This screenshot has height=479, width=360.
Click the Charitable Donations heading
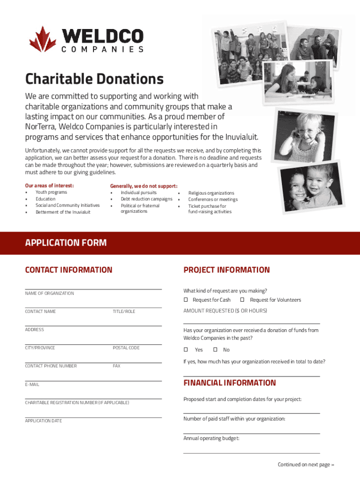94,79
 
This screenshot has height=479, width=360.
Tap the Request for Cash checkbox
186,299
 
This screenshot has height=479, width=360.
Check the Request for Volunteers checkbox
243,299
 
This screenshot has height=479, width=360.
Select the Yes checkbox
186,349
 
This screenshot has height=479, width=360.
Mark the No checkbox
215,349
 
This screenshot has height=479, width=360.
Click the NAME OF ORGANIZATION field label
49,293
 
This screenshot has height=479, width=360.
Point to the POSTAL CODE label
126,348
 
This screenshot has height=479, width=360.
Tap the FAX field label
116,366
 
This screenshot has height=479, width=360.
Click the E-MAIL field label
32,385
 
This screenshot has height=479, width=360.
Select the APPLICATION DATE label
43,421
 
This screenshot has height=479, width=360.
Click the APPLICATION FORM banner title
66,243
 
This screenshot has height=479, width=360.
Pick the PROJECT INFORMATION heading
226,270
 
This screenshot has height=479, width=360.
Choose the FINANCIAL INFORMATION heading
230,383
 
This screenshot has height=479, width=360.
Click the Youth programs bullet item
51,192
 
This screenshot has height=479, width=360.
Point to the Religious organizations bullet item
211,193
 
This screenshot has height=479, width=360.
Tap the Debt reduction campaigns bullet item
146,199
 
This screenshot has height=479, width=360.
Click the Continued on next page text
306,464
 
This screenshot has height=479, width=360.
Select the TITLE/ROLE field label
123,312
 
